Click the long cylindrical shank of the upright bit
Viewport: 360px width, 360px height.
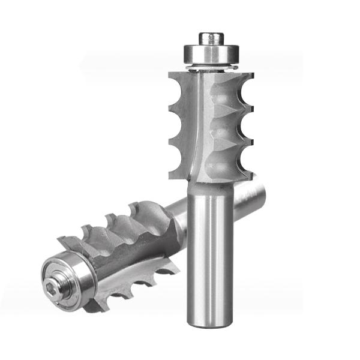(x=210, y=252)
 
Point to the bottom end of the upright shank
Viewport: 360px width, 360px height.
(x=210, y=325)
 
